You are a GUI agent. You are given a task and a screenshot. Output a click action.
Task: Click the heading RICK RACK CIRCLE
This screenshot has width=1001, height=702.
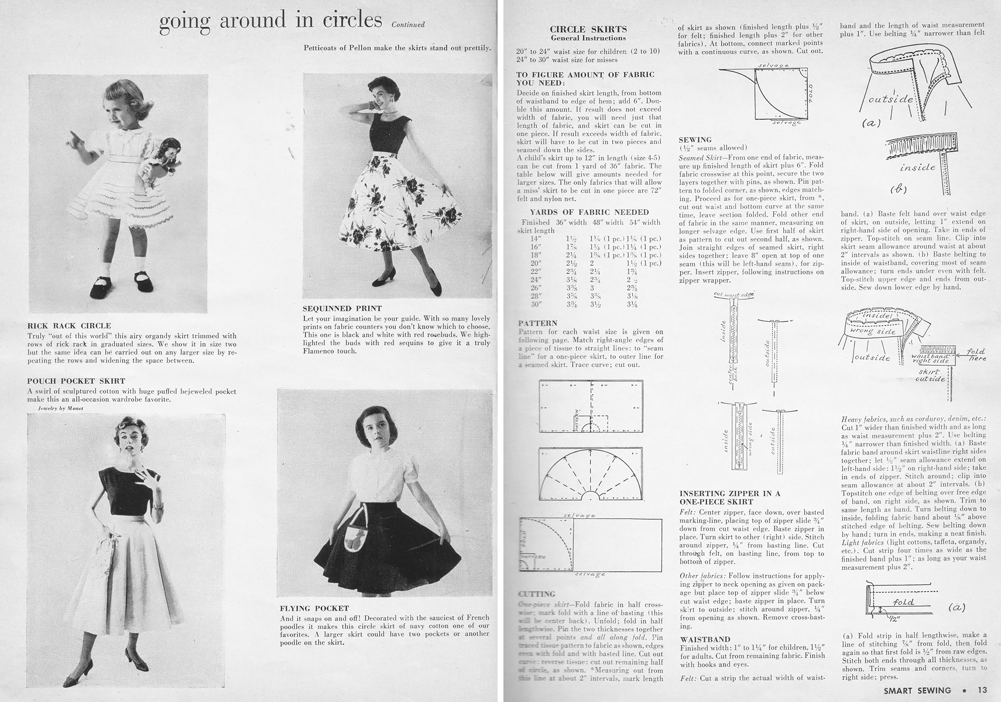69,326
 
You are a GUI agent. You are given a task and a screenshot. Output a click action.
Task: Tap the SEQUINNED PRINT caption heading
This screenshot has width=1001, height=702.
342,308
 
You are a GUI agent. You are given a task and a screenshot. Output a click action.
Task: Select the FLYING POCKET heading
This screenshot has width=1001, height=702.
314,608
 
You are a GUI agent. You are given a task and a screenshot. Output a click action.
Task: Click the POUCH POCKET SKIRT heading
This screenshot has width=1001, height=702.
76,381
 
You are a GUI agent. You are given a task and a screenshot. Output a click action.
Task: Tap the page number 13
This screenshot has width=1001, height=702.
982,690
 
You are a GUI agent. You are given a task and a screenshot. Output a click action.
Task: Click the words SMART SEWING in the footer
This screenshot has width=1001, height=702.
918,690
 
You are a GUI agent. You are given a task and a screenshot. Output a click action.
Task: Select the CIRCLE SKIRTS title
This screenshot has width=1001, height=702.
588,29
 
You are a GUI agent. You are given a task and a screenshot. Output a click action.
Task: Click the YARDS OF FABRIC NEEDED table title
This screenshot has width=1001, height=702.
589,212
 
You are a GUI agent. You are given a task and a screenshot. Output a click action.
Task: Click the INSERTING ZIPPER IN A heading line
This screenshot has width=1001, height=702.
729,494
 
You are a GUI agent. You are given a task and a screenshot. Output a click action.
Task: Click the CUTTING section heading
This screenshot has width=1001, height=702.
536,594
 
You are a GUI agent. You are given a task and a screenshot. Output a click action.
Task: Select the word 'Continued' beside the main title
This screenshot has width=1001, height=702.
408,25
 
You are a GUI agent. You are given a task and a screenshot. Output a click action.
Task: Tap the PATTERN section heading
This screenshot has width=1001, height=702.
537,324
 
